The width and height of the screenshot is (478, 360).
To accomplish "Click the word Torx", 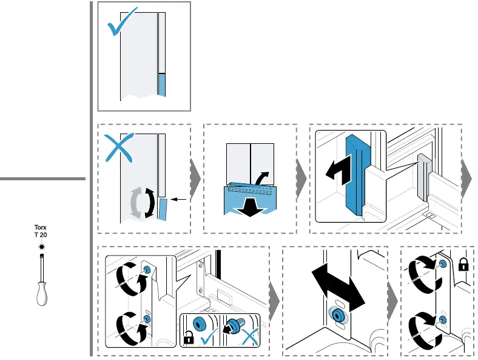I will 40,228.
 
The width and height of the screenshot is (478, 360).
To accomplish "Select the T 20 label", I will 40,235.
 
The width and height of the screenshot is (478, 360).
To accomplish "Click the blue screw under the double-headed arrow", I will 335,314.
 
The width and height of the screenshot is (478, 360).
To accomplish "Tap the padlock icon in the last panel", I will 463,265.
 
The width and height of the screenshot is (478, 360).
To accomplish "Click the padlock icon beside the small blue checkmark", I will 189,339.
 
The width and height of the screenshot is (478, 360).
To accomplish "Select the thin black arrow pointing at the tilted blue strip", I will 180,199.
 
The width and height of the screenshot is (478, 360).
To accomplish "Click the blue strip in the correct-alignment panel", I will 161,84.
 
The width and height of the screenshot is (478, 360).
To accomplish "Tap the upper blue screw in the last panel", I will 443,264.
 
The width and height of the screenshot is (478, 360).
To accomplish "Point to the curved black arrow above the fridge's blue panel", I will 263,178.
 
